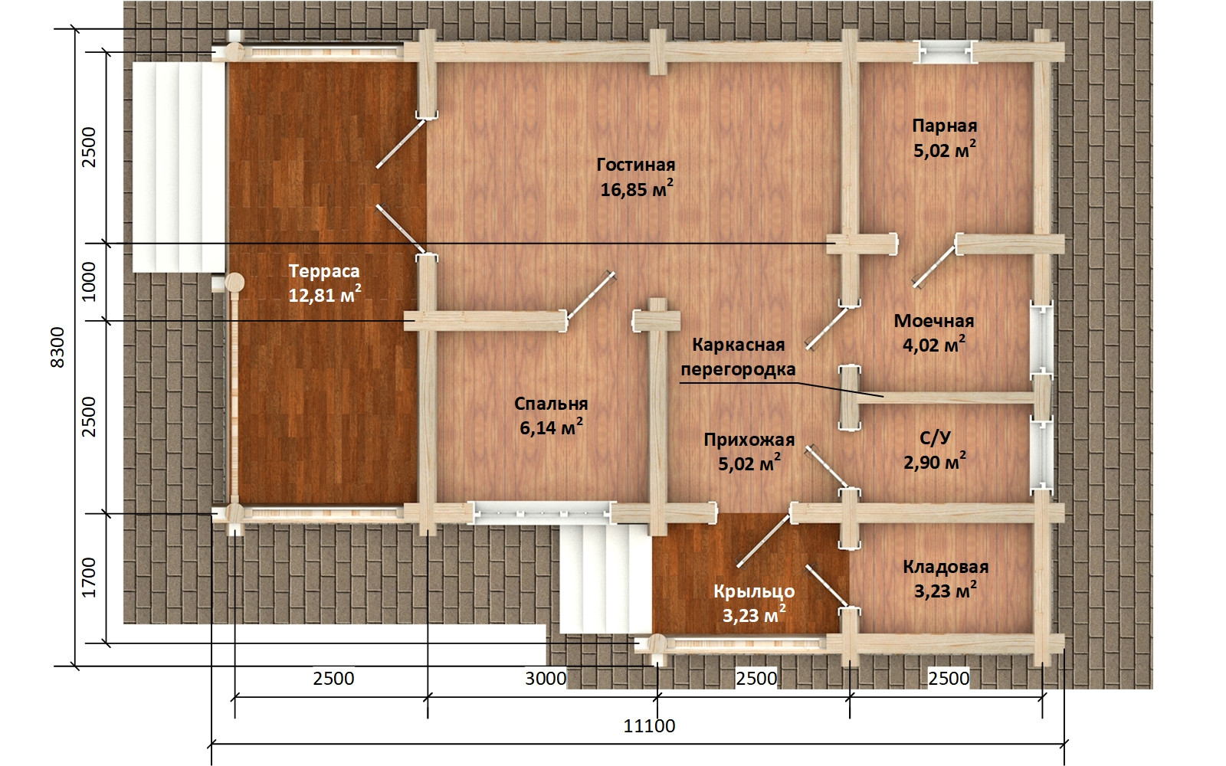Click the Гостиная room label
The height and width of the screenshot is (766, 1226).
click(x=635, y=165)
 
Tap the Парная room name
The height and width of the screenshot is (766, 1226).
click(x=944, y=126)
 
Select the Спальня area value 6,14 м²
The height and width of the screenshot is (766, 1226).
click(x=551, y=427)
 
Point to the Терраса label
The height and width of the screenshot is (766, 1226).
click(x=324, y=271)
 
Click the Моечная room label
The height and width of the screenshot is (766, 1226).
click(x=934, y=321)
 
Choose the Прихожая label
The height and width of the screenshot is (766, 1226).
click(x=749, y=440)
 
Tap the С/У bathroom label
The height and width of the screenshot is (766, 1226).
click(x=934, y=437)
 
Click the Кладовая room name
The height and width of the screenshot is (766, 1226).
click(x=946, y=567)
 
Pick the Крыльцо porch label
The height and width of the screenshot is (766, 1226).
click(x=754, y=591)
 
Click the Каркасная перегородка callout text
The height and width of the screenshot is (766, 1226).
click(x=739, y=357)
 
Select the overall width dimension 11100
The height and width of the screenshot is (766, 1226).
click(x=649, y=726)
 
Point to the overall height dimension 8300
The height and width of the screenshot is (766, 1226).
click(x=57, y=348)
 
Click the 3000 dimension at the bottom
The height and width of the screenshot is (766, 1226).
click(x=546, y=679)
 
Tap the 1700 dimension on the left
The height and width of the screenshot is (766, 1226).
click(x=89, y=578)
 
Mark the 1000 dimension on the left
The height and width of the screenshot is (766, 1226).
click(x=89, y=282)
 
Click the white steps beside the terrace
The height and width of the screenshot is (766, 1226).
click(x=179, y=168)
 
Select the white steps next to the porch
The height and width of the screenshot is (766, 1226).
click(x=605, y=578)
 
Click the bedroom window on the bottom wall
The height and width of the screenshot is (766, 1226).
click(x=542, y=513)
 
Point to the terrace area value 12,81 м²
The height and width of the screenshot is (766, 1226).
click(x=325, y=296)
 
